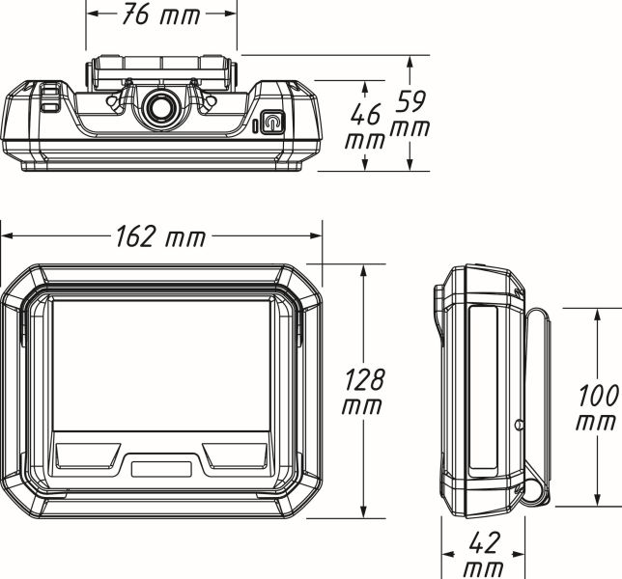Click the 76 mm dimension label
coord(161,15)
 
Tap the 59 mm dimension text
coord(410,113)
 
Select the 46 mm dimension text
coord(365,126)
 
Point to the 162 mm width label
coord(161,237)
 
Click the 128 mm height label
coord(362,391)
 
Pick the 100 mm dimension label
coord(598,407)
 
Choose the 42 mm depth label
coord(484,555)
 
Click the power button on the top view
coord(272,122)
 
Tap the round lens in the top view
coord(161,108)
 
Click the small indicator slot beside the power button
coord(255,126)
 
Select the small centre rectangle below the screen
coord(161,469)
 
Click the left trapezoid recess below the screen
coord(88,455)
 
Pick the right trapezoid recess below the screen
coord(235,455)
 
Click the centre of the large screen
coord(161,366)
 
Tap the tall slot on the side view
coord(483,391)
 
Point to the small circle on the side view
coord(518,425)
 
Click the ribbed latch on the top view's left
coord(50,97)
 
